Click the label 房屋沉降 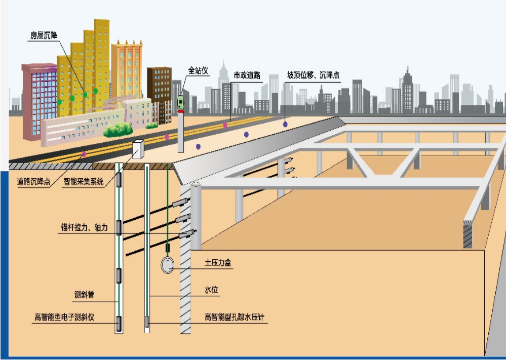point(44,35)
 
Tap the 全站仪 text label point(198,70)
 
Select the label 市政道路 point(247,75)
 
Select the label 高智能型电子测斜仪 point(64,318)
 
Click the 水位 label point(211,290)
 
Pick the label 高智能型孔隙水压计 point(235,317)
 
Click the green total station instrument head point(180,103)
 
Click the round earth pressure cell point(167,264)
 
